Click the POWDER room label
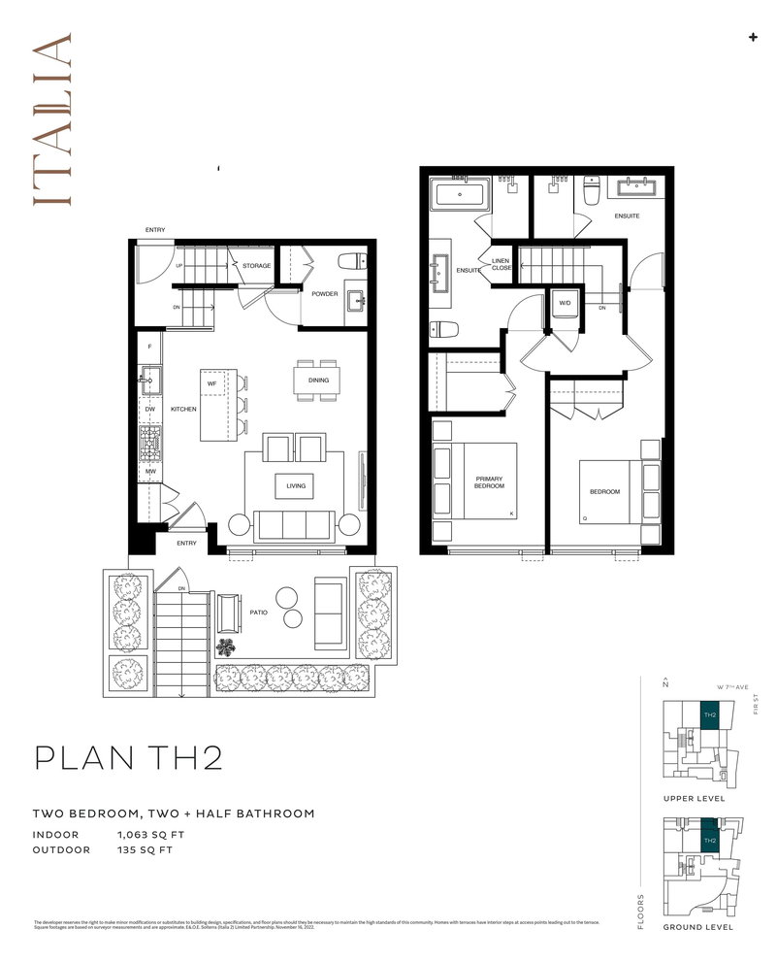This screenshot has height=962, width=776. pyautogui.click(x=325, y=294)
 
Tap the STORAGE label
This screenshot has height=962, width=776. pyautogui.click(x=257, y=265)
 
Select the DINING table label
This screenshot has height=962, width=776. pyautogui.click(x=318, y=381)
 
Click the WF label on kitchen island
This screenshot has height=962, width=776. pyautogui.click(x=211, y=383)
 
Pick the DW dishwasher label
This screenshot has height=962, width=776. pyautogui.click(x=150, y=410)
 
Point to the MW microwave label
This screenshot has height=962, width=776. pyautogui.click(x=150, y=472)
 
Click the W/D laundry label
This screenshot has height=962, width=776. pyautogui.click(x=564, y=303)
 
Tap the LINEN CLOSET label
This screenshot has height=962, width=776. pyautogui.click(x=501, y=264)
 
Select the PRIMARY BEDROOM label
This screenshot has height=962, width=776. pyautogui.click(x=487, y=483)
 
